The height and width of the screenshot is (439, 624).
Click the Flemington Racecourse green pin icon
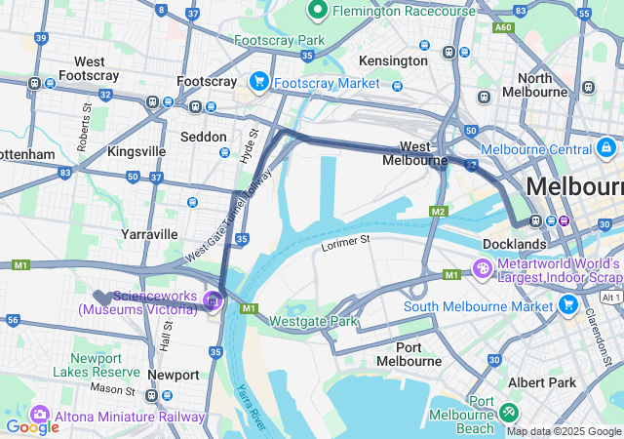[317, 11]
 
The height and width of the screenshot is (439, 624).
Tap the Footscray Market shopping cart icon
[259, 82]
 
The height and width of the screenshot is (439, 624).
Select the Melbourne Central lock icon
[606, 148]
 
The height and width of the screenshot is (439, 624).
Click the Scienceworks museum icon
[212, 303]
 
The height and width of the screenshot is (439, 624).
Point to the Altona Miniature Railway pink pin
[40, 415]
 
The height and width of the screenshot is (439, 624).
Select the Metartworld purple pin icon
[481, 267]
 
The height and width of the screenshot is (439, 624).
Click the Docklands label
[514, 243]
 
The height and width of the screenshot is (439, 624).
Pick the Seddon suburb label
[204, 137]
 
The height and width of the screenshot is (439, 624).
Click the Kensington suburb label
[393, 60]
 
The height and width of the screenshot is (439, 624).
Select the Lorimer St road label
[346, 240]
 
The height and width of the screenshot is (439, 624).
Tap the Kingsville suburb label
[136, 152]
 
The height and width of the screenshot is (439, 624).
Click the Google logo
[31, 426]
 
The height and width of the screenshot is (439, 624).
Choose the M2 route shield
[438, 212]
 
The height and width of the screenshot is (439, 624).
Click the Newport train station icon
[152, 395]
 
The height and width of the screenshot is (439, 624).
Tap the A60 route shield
[503, 28]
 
